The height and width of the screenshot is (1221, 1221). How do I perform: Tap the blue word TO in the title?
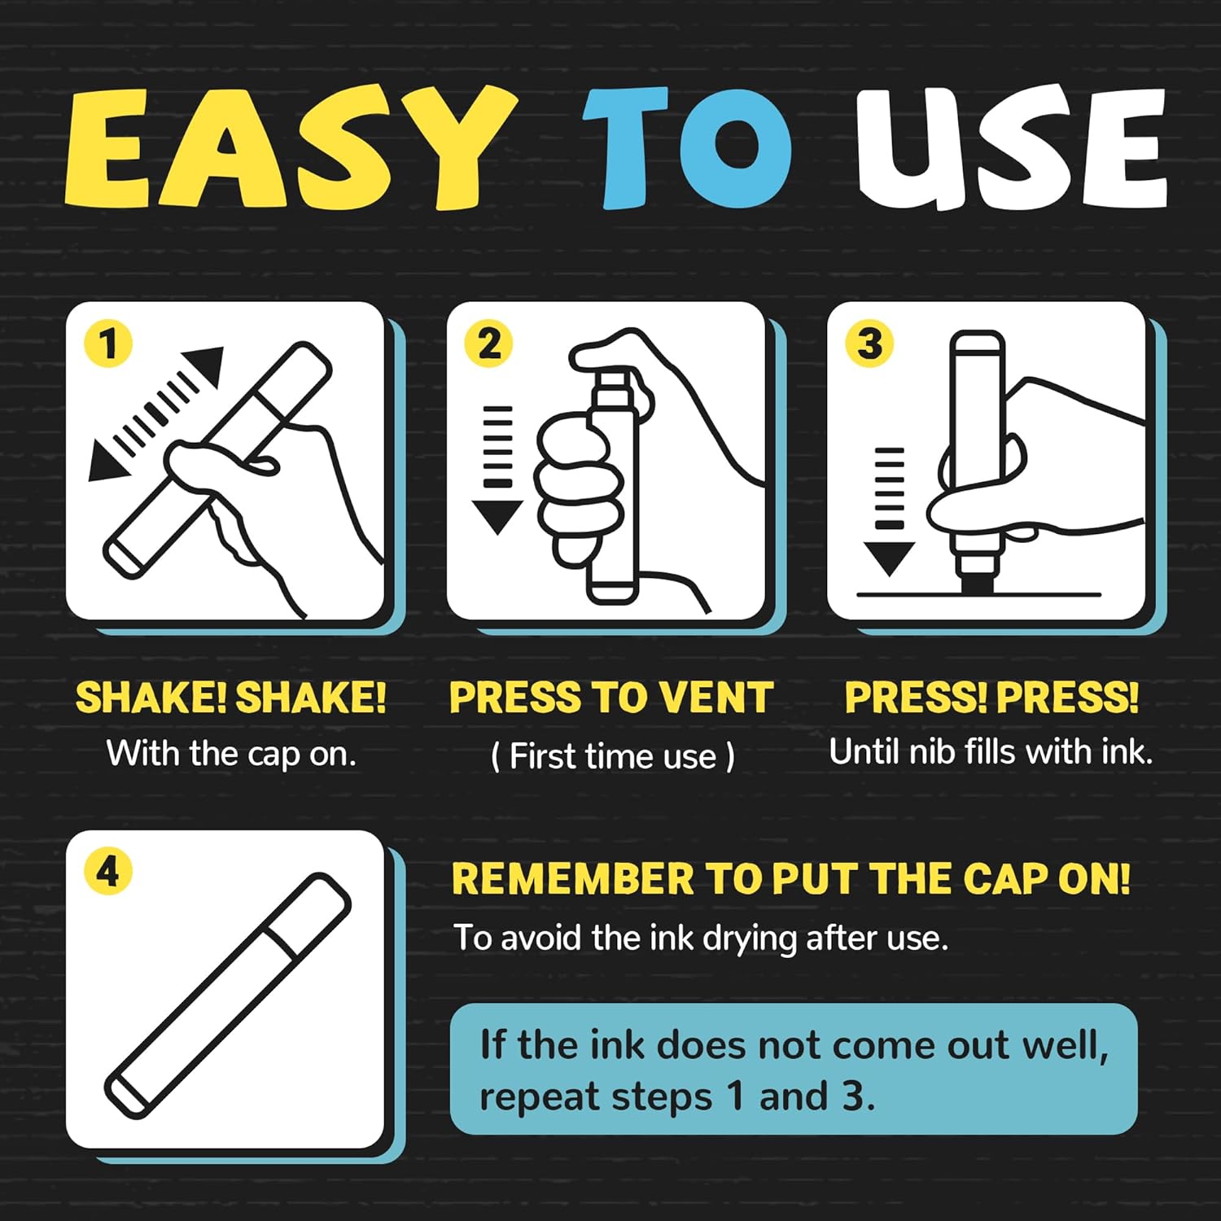pyautogui.click(x=686, y=147)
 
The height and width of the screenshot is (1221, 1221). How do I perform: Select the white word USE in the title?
pyautogui.click(x=1011, y=147)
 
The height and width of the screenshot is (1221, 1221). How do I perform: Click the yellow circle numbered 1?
pyautogui.click(x=108, y=344)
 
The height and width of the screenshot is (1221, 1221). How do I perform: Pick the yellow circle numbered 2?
pyautogui.click(x=488, y=344)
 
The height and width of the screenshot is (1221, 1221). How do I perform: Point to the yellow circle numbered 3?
pyautogui.click(x=869, y=344)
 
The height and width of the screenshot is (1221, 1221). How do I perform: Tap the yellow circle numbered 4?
pyautogui.click(x=108, y=872)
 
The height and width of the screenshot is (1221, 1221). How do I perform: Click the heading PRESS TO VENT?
pyautogui.click(x=610, y=698)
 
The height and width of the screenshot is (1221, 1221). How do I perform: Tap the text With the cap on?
pyautogui.click(x=231, y=754)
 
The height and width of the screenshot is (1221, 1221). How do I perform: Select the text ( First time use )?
pyautogui.click(x=613, y=756)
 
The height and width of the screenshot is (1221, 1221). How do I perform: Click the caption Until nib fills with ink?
pyautogui.click(x=991, y=751)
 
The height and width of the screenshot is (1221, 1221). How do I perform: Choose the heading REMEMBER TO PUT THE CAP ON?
pyautogui.click(x=791, y=879)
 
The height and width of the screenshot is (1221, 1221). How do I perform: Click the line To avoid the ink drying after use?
pyautogui.click(x=701, y=938)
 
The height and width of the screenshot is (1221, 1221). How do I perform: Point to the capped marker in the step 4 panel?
pyautogui.click(x=229, y=994)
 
